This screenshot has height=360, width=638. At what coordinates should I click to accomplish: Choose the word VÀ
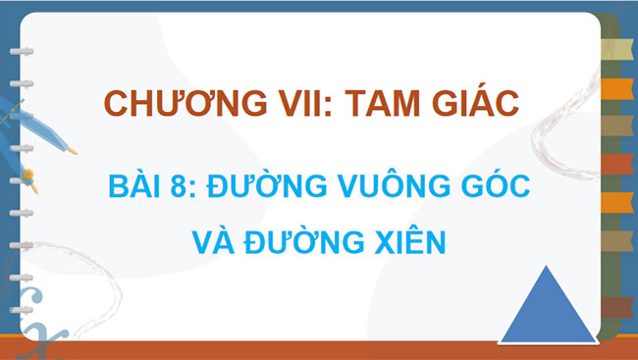coord(209,238)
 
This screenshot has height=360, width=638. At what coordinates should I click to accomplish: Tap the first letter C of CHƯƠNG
coord(114,103)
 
